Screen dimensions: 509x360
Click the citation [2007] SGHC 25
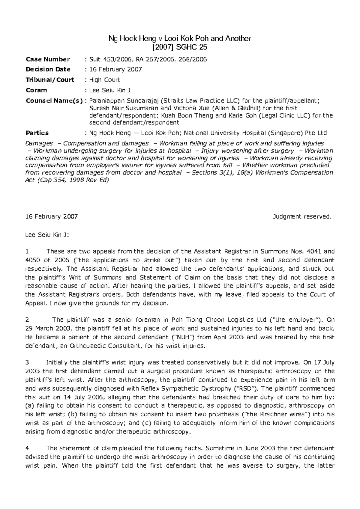click(180, 47)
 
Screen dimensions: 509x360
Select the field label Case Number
click(48, 59)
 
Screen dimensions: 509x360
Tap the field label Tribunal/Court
click(50, 80)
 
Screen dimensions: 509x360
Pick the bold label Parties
click(37, 133)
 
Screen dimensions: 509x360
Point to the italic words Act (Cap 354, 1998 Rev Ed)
click(67, 180)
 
